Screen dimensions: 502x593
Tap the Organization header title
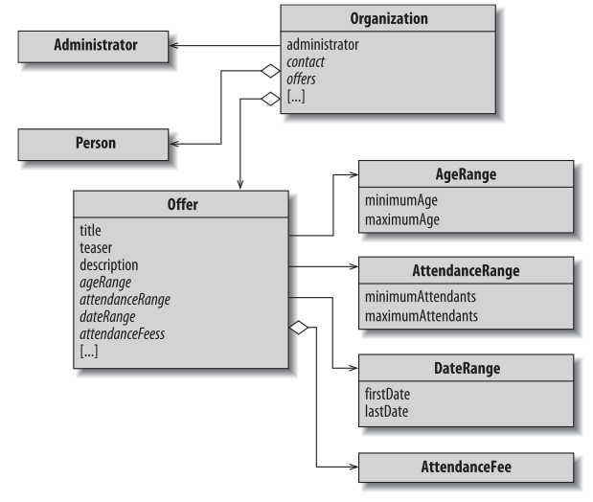[x=388, y=18]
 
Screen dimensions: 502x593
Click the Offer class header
[x=182, y=204]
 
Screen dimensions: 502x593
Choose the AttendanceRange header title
[x=465, y=271]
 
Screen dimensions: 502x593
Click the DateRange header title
[x=465, y=370]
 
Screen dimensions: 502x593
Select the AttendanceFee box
[x=465, y=468]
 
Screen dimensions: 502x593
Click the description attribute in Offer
[x=110, y=264]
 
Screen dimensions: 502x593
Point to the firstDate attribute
[x=387, y=395]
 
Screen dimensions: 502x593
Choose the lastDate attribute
[x=386, y=412]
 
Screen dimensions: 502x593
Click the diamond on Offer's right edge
[x=301, y=329]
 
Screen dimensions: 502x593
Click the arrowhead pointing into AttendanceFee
[x=352, y=468]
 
